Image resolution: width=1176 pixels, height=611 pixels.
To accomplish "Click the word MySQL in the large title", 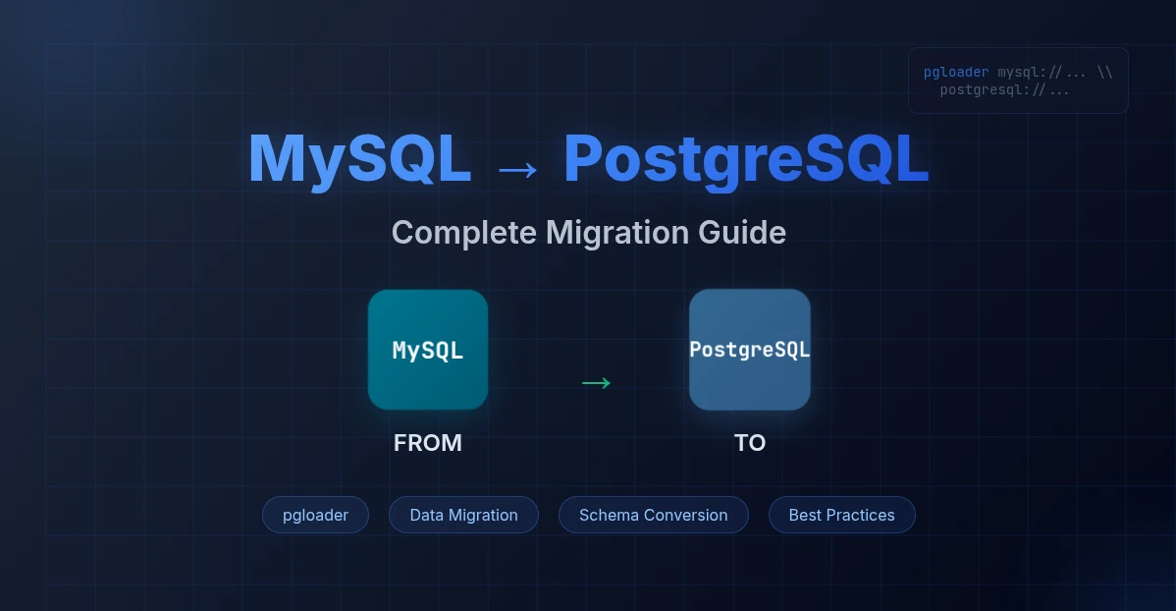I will pyautogui.click(x=359, y=159).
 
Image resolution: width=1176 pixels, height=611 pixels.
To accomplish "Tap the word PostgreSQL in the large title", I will pyautogui.click(x=746, y=159).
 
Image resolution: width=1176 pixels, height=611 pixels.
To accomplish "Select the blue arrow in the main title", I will pyautogui.click(x=517, y=170).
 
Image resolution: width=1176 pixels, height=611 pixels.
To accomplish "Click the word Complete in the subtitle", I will pyautogui.click(x=464, y=233).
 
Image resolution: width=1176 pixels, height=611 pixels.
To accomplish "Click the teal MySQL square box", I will pyautogui.click(x=428, y=350).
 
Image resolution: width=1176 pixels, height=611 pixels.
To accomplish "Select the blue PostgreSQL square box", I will pyautogui.click(x=750, y=350).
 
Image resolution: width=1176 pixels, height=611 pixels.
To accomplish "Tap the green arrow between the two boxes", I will pyautogui.click(x=596, y=383).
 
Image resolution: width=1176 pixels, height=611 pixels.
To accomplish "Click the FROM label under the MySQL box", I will pyautogui.click(x=428, y=443).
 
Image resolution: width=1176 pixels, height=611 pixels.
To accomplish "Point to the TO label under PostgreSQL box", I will pyautogui.click(x=750, y=443).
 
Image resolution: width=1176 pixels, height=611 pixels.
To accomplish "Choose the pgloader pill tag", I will pyautogui.click(x=315, y=515).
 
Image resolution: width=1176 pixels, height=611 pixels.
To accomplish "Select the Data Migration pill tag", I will pyautogui.click(x=463, y=515).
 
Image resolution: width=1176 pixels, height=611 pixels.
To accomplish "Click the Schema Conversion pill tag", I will pyautogui.click(x=653, y=515).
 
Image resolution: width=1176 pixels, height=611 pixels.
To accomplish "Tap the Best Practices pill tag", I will pyautogui.click(x=841, y=515).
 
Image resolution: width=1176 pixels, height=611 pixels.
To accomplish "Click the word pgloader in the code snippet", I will pyautogui.click(x=956, y=73).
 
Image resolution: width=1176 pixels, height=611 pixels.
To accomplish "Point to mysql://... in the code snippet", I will pyautogui.click(x=1041, y=73).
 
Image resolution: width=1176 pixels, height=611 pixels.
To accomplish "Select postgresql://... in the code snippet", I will pyautogui.click(x=1004, y=90).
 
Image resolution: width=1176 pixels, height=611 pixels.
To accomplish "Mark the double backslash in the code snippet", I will pyautogui.click(x=1104, y=73).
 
